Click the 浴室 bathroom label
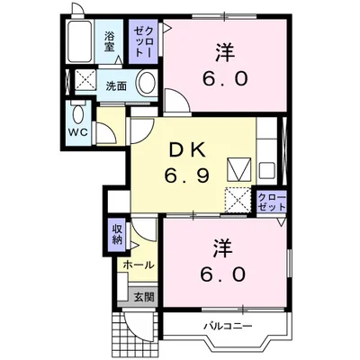(x=110, y=41)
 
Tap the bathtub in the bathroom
(x=79, y=41)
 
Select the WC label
(x=79, y=132)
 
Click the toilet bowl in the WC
(x=78, y=113)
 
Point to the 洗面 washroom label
(x=116, y=86)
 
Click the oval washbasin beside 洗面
(x=147, y=83)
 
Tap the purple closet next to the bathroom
(x=143, y=41)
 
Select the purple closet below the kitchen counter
(x=271, y=202)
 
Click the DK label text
(x=187, y=150)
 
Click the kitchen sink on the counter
(x=267, y=171)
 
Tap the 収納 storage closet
(x=117, y=234)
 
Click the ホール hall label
(x=139, y=265)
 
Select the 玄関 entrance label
(x=144, y=297)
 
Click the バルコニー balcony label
(x=229, y=326)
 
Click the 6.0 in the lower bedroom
(x=223, y=274)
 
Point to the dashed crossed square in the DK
(x=238, y=200)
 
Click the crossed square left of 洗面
(x=85, y=79)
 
